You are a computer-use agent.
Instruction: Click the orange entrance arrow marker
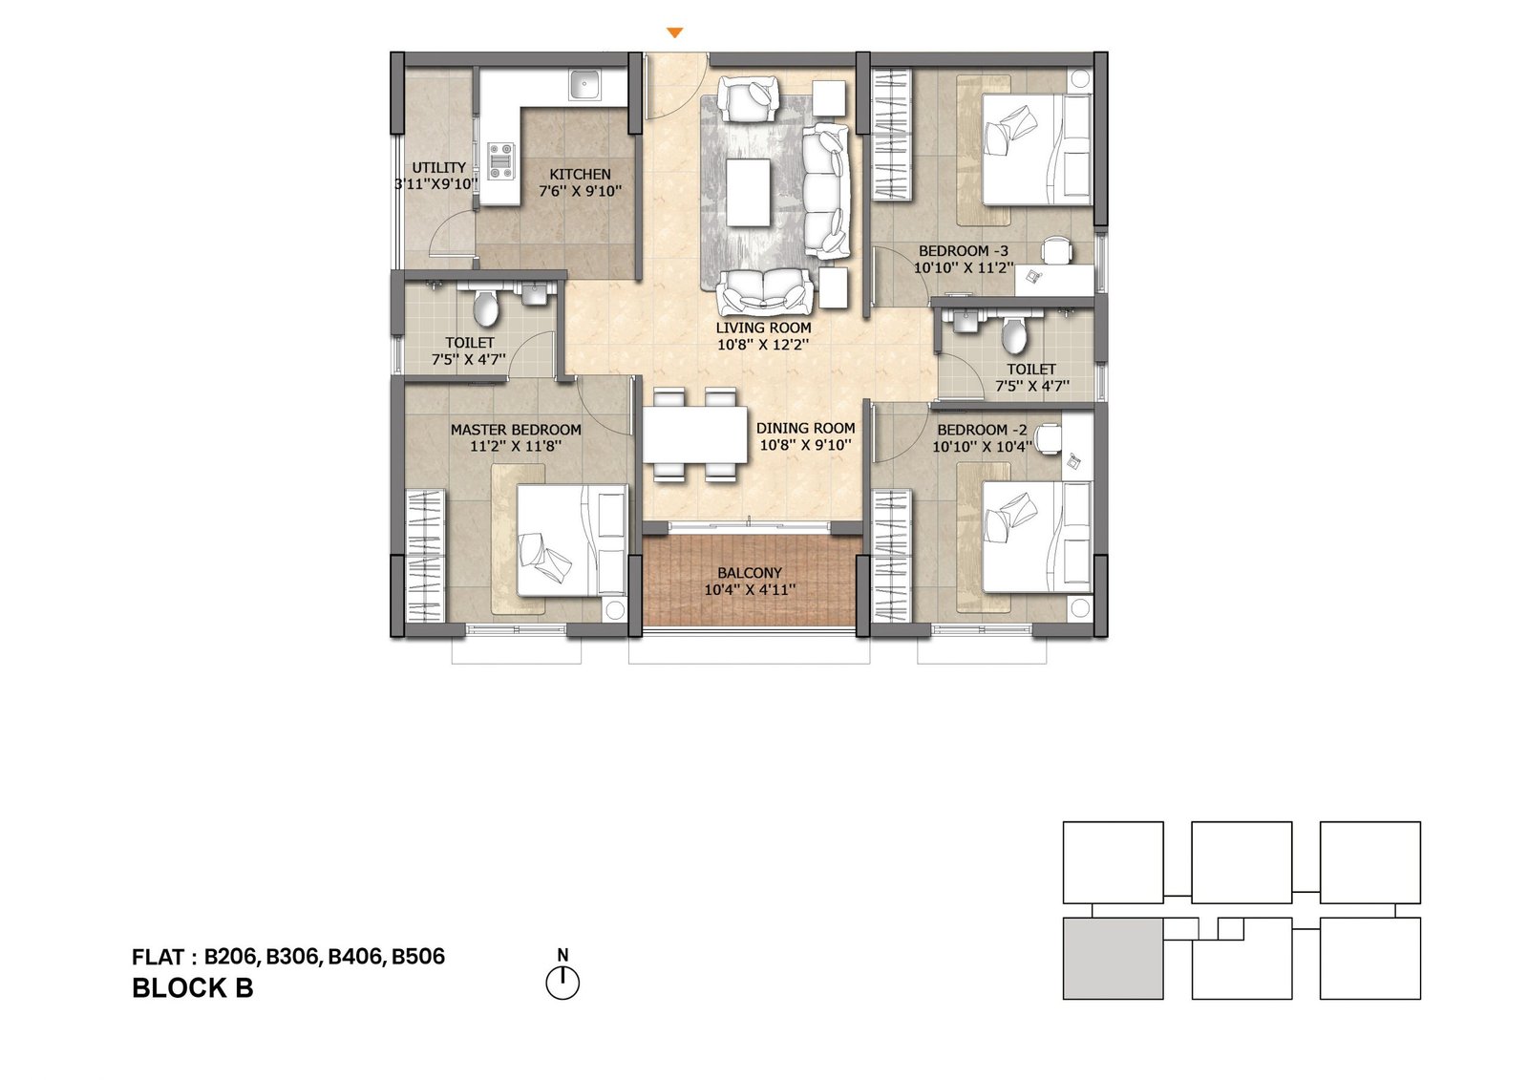coord(674,32)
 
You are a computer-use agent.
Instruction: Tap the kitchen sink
coord(584,86)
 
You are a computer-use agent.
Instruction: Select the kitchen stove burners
coord(500,161)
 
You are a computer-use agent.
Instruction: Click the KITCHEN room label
coord(580,175)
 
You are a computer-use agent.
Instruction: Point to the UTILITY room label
coord(439,168)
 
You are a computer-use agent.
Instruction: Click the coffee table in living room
coord(748,192)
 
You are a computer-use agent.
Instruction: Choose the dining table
coord(694,434)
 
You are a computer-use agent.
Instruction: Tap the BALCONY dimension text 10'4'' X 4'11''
coord(749,590)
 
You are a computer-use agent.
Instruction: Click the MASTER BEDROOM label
coord(516,430)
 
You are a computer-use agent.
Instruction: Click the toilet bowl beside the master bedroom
coord(486,308)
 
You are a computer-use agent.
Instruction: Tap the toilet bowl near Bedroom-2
coord(1013,336)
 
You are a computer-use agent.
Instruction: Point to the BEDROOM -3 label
coord(963,251)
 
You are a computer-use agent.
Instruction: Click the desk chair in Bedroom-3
coord(1056,250)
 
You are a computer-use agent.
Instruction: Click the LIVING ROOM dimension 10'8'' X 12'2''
coord(763,345)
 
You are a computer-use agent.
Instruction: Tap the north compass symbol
coord(562,982)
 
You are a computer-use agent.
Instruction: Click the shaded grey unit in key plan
coord(1113,959)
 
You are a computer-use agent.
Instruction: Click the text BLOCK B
coord(193,988)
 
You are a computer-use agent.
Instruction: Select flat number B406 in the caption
coord(356,957)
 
